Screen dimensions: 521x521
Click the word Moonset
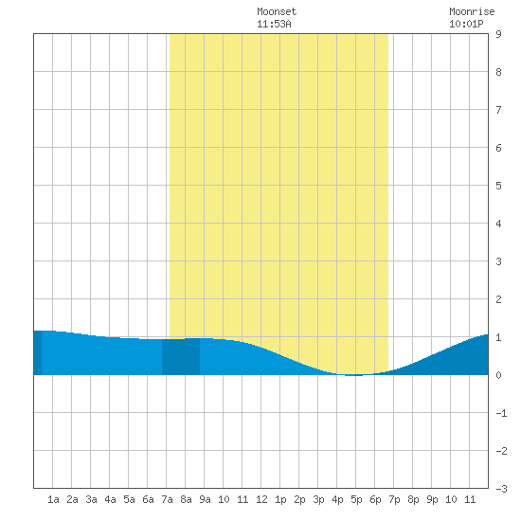pyautogui.click(x=277, y=11)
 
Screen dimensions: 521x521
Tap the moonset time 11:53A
pyautogui.click(x=274, y=24)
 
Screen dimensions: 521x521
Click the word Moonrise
pyautogui.click(x=472, y=11)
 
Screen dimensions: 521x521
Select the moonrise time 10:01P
pyautogui.click(x=466, y=24)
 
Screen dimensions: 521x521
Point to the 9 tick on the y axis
pyautogui.click(x=498, y=34)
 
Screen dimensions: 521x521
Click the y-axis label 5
pyautogui.click(x=498, y=186)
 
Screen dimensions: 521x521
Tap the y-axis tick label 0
pyautogui.click(x=498, y=375)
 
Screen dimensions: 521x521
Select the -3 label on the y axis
pyautogui.click(x=501, y=489)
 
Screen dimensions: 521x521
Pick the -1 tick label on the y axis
pyautogui.click(x=501, y=413)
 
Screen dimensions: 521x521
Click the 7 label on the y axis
pyautogui.click(x=498, y=110)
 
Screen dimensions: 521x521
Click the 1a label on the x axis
pyautogui.click(x=53, y=499)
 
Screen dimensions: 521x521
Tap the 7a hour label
pyautogui.click(x=167, y=499)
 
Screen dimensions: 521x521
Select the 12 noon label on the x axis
pyautogui.click(x=261, y=499)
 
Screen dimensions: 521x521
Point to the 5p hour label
pyautogui.click(x=356, y=499)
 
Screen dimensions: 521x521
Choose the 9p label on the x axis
pyautogui.click(x=432, y=499)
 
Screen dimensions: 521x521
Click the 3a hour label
pyautogui.click(x=91, y=499)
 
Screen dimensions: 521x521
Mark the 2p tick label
pyautogui.click(x=299, y=499)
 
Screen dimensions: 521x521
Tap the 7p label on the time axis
pyautogui.click(x=394, y=499)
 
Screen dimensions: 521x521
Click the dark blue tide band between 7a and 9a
pyautogui.click(x=181, y=356)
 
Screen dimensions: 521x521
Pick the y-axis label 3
pyautogui.click(x=498, y=261)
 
